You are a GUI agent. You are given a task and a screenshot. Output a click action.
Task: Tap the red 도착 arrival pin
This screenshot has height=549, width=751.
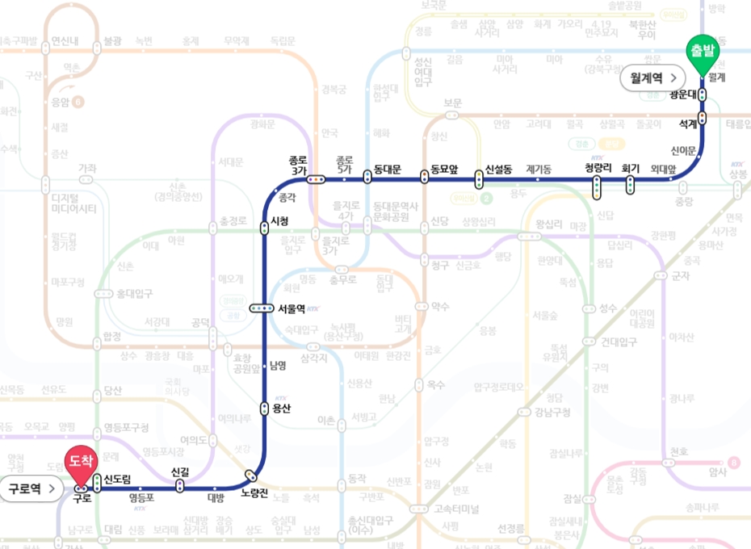pos(81,462)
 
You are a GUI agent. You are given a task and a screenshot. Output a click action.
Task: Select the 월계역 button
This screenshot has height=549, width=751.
pos(653,78)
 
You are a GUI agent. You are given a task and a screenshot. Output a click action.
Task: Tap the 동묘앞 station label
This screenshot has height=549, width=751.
pos(444,170)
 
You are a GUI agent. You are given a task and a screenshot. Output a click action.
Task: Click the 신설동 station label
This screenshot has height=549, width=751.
pos(498,170)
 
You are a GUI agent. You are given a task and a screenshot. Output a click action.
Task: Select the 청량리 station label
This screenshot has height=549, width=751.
pos(598,168)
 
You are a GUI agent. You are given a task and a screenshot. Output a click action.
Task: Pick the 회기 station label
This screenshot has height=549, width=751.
pos(631,168)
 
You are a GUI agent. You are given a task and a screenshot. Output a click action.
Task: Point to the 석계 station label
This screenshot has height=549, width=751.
pos(688,123)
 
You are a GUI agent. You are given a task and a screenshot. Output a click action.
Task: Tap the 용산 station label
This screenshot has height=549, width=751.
pos(282,409)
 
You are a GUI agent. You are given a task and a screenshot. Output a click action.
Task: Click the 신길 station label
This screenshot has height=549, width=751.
pos(180,471)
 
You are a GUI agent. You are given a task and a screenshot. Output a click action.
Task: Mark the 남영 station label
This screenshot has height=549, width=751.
pos(278,366)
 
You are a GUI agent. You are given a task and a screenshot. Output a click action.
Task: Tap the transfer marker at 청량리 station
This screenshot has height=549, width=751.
pos(597,187)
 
